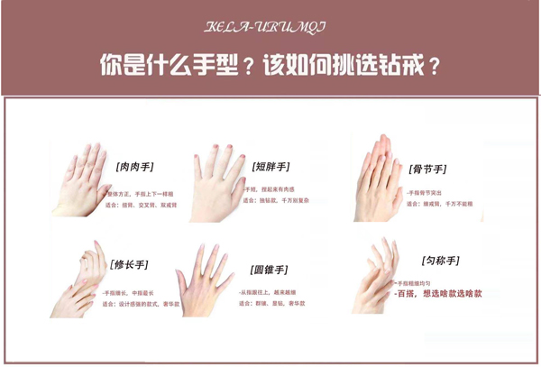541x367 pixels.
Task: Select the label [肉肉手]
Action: (134, 167)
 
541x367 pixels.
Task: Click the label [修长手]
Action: (129, 264)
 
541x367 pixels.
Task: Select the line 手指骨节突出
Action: (431, 193)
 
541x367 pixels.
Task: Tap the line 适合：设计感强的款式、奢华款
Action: (140, 304)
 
